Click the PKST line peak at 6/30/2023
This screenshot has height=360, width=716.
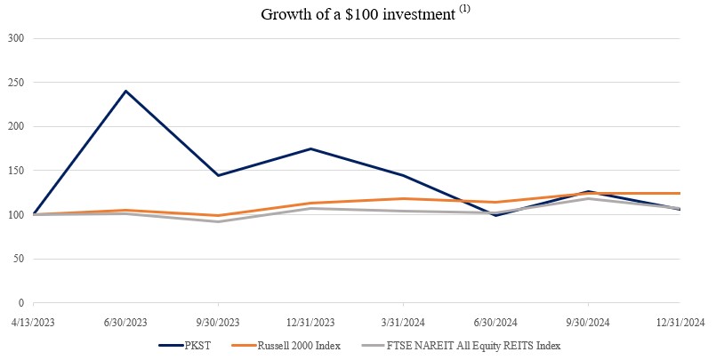pyautogui.click(x=125, y=91)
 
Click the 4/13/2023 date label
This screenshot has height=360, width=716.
pyautogui.click(x=33, y=321)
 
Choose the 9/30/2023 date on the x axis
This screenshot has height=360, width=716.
pyautogui.click(x=218, y=321)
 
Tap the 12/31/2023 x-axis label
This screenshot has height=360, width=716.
pyautogui.click(x=310, y=321)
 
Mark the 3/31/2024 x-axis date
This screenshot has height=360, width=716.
pyautogui.click(x=403, y=321)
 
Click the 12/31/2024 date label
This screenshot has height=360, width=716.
pyautogui.click(x=680, y=321)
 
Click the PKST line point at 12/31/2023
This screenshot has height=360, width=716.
pyautogui.click(x=310, y=148)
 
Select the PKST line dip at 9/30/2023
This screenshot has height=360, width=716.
pyautogui.click(x=218, y=175)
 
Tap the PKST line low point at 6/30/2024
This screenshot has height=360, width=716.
pyautogui.click(x=495, y=215)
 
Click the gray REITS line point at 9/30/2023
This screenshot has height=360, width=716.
pyautogui.click(x=218, y=221)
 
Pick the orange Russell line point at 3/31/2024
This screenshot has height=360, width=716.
pyautogui.click(x=403, y=198)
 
